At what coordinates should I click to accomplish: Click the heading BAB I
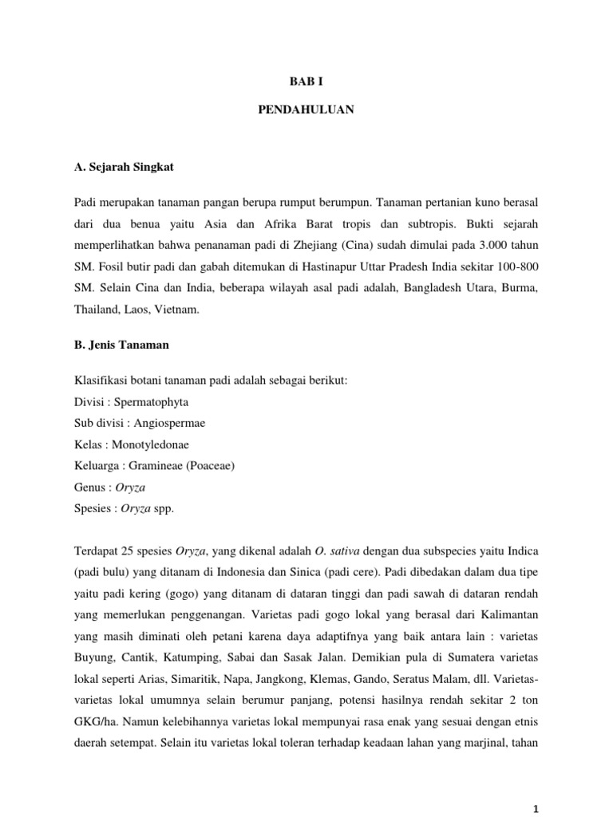pyautogui.click(x=306, y=81)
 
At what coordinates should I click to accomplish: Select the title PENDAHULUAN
pyautogui.click(x=306, y=111)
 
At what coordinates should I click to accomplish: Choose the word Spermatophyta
pyautogui.click(x=148, y=401)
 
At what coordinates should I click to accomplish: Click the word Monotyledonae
pyautogui.click(x=151, y=444)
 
